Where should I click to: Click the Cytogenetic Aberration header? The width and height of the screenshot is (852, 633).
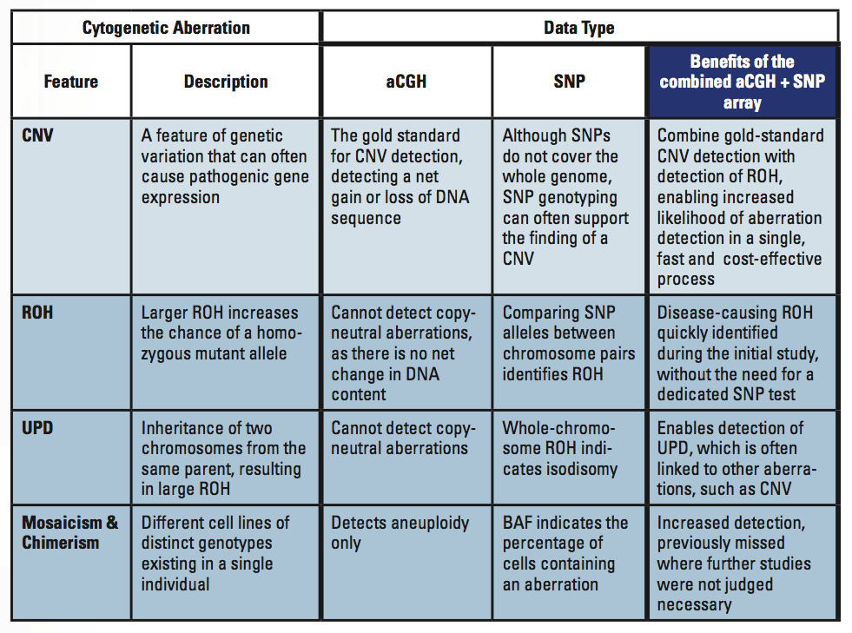point(166,28)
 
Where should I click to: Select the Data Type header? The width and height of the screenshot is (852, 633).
point(578,28)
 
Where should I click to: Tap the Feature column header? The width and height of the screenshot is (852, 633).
point(70,82)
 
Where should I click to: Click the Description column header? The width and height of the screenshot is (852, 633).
point(225,82)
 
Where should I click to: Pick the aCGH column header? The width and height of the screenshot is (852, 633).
point(406,82)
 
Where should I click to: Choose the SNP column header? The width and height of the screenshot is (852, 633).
point(569,82)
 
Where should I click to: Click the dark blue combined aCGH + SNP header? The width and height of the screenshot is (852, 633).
point(742,82)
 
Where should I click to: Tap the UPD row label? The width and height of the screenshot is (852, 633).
point(37,429)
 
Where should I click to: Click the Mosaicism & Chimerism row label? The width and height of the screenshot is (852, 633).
point(70,532)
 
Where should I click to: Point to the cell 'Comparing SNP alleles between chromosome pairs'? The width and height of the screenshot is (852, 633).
point(569,343)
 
